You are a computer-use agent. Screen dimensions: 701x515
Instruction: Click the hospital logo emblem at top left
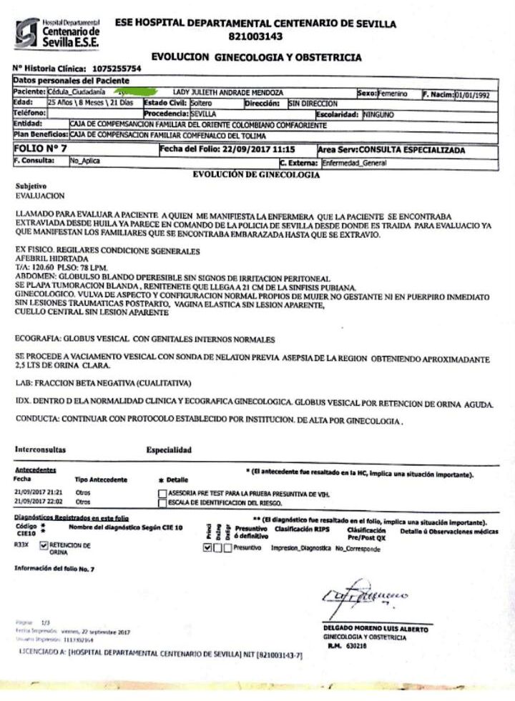27,33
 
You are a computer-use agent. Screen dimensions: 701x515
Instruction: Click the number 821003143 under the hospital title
255,36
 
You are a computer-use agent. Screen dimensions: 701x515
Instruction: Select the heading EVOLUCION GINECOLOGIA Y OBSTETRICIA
257,57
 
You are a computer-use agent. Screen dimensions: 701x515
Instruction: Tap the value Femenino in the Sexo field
393,93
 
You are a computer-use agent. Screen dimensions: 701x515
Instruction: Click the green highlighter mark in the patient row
137,93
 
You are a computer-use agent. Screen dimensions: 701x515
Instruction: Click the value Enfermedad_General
355,162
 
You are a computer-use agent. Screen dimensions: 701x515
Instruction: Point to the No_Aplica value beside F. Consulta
84,161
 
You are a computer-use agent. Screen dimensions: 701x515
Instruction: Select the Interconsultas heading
40,450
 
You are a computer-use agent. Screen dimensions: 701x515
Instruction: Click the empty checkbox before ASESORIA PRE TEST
162,493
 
